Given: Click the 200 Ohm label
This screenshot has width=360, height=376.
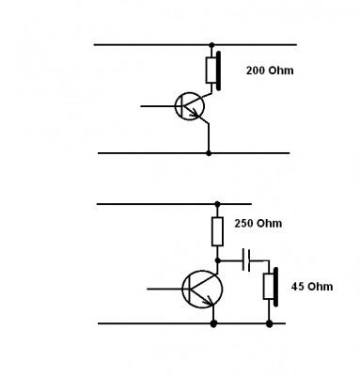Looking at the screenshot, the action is click(270, 70).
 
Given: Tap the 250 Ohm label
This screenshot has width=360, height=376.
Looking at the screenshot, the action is click(258, 224).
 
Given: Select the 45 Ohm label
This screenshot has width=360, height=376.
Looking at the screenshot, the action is click(312, 287).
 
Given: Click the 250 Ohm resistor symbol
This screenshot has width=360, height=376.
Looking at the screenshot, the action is click(218, 231).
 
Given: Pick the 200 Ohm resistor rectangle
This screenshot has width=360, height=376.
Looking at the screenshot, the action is click(211, 70).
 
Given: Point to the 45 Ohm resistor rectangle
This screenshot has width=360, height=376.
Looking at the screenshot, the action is click(269, 287).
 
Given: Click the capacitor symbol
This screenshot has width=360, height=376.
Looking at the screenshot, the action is click(246, 260).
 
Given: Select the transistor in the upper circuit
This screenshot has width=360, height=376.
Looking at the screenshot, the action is click(189, 106).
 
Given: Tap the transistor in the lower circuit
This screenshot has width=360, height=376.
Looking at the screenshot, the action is click(202, 289).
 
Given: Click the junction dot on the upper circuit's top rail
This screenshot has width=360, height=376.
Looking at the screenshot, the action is click(211, 45).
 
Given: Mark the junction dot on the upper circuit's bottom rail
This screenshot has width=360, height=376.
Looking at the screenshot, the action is click(209, 153).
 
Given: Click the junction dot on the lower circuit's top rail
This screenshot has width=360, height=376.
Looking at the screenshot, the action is click(217, 204).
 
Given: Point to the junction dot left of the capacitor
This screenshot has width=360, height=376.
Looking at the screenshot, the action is click(218, 260).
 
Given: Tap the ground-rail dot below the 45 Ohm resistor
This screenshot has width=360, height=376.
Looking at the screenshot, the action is click(269, 323).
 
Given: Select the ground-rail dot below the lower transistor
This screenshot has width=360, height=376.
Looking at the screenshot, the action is click(213, 323).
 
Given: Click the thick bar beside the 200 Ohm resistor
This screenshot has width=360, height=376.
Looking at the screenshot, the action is click(219, 70).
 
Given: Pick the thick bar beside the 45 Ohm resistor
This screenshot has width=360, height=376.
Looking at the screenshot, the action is click(275, 287).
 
